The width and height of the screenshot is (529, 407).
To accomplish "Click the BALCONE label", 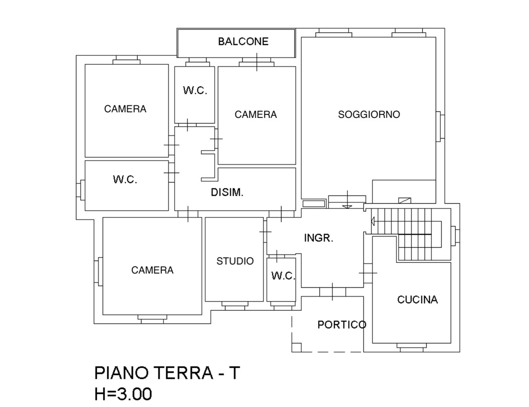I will tap(243, 41).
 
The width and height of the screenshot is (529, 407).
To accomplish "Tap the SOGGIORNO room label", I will tap(369, 115).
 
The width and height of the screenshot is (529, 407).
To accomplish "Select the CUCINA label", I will tap(417, 300).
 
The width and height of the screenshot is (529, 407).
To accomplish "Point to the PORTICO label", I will tap(341, 324).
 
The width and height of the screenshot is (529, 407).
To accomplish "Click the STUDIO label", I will tap(235, 261).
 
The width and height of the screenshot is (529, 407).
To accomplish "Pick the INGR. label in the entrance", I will tap(319, 238).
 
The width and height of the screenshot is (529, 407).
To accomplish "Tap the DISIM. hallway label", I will tap(227, 192).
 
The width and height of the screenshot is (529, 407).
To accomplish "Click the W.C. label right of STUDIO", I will tap(283, 276).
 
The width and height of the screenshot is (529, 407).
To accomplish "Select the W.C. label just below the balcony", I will tap(195, 90).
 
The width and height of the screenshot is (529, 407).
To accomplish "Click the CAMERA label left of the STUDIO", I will tap(152, 270).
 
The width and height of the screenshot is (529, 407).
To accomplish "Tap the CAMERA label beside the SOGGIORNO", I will tap(256, 115).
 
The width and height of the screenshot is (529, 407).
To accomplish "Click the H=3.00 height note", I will tap(123, 394).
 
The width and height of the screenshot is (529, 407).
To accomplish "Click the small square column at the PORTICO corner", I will tap(296, 347).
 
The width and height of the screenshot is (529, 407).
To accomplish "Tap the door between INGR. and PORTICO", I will tap(332, 292).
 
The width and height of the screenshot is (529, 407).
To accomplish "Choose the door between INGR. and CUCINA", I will tap(368, 272).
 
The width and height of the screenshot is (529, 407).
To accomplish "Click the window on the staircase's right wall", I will tap(455, 236).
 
